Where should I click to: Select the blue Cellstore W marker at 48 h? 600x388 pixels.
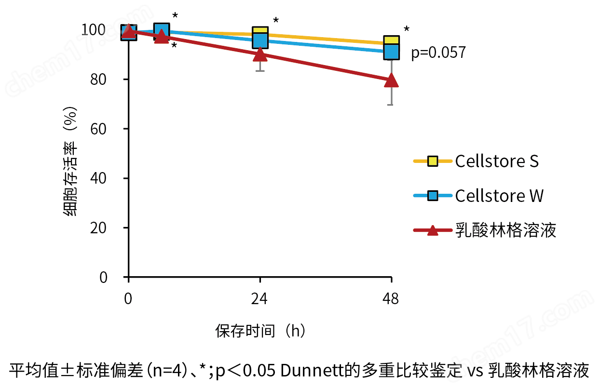coord(391,51)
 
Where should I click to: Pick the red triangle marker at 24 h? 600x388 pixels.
coord(260,54)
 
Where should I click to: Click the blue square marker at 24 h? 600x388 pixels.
coord(260,41)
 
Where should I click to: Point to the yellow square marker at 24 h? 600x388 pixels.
coord(260,33)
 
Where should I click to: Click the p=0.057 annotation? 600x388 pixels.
coord(438,52)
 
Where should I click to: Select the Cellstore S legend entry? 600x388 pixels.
coord(497,161)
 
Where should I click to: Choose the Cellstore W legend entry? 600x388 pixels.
coord(499,196)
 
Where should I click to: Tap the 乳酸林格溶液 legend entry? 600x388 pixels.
coord(505,230)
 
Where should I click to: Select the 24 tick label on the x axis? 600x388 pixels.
coord(259,299)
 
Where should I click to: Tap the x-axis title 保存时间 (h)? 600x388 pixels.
coord(260,331)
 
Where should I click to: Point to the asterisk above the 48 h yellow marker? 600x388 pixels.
coord(407,29)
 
